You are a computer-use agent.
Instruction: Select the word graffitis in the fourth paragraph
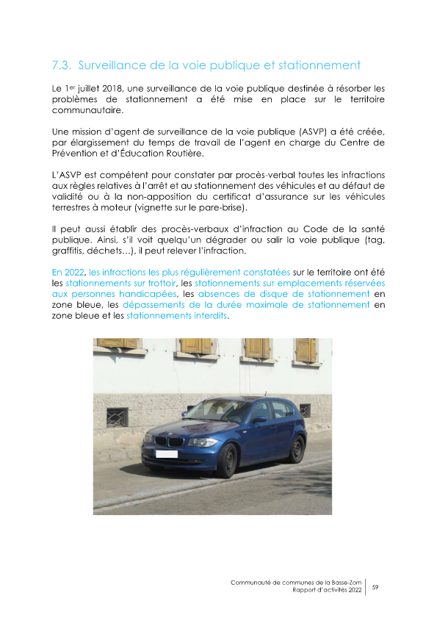[71, 251]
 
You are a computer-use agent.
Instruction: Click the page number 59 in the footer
[375, 586]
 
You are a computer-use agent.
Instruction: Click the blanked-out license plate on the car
[167, 454]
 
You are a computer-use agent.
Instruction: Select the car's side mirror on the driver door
[259, 420]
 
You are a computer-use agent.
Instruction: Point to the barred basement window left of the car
[117, 417]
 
